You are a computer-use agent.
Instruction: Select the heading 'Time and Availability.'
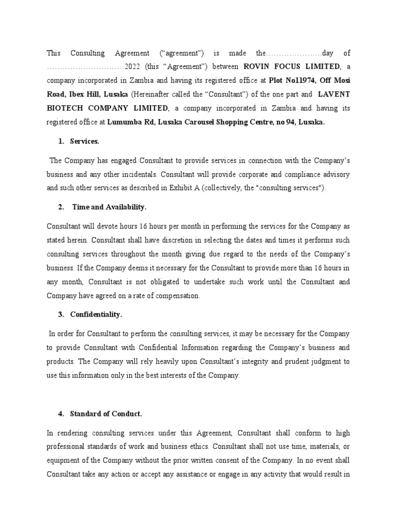(x=109, y=207)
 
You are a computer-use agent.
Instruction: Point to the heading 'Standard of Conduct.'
(x=106, y=414)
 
